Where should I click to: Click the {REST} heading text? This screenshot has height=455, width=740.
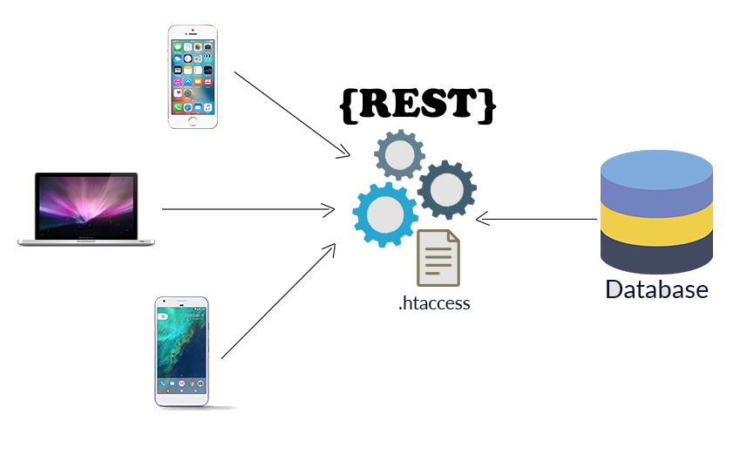point(418,105)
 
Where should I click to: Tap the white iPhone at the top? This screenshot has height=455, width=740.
point(193,77)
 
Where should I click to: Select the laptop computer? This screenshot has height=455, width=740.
point(85,209)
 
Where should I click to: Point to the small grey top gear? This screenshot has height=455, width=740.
point(399,155)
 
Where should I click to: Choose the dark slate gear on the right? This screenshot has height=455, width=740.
point(446,189)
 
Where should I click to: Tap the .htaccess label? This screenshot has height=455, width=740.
point(434,304)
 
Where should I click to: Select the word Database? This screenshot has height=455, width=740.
point(656,290)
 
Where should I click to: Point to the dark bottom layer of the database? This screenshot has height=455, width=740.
point(656,255)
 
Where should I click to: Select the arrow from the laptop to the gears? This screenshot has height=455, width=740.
point(248,209)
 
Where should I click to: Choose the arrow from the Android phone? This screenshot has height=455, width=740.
point(278,301)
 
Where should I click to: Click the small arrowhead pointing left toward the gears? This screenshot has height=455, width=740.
point(482,218)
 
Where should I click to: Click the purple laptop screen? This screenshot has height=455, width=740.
point(85,205)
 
